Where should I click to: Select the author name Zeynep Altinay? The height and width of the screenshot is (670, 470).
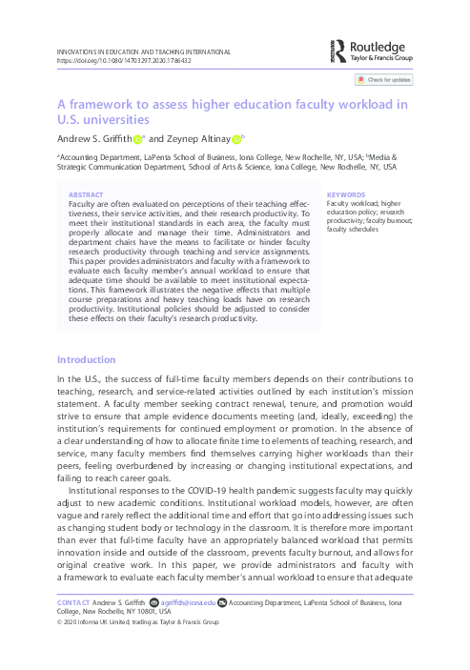tap(197, 141)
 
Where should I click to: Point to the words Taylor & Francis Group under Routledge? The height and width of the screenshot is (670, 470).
tap(383, 57)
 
